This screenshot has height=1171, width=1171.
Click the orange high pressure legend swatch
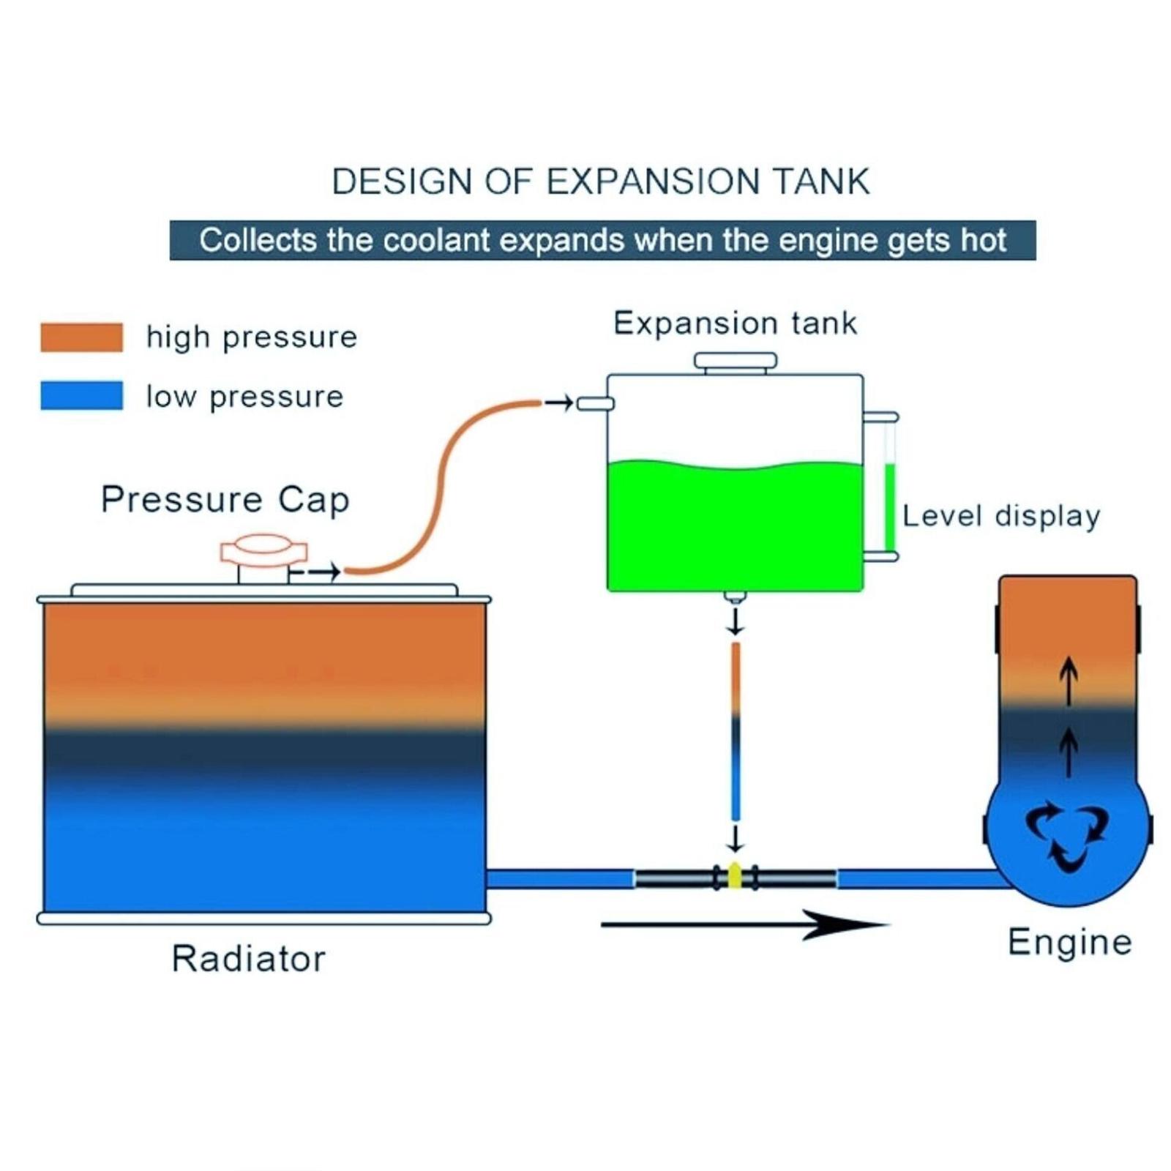[81, 337]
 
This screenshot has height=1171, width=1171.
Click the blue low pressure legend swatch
[81, 395]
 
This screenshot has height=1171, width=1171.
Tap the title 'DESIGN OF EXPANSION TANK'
[600, 182]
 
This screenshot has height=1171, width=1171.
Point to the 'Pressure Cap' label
[225, 500]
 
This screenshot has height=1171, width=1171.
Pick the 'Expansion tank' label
[735, 323]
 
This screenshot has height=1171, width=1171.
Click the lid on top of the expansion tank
[735, 362]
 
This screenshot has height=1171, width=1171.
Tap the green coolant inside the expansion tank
[735, 527]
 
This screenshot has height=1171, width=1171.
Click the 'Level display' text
[1000, 516]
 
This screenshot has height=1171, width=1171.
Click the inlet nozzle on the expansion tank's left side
[595, 403]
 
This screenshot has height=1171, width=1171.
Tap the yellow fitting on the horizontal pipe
[735, 877]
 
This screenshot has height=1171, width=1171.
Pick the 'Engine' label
[1069, 942]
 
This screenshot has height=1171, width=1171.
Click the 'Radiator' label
[248, 959]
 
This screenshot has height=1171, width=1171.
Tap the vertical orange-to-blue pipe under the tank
[736, 732]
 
